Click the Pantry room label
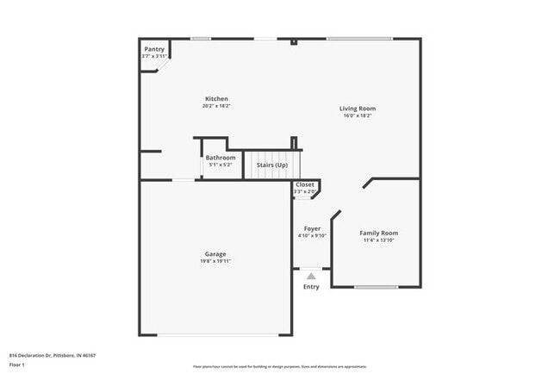[154, 49]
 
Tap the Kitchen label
[217, 98]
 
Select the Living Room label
[357, 109]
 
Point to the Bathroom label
[221, 158]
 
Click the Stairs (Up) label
[272, 164]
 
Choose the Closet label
[305, 184]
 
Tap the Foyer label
[312, 228]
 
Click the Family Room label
[378, 233]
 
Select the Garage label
[215, 253]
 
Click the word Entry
[311, 287]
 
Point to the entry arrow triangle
[311, 277]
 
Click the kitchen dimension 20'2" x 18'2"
[217, 106]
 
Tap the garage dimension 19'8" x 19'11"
[215, 261]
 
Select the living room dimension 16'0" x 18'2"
[357, 116]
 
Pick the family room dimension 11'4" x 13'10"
[378, 240]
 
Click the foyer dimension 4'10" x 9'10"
[312, 236]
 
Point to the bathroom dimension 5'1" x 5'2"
[221, 165]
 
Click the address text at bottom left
[52, 354]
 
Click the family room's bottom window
[376, 287]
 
